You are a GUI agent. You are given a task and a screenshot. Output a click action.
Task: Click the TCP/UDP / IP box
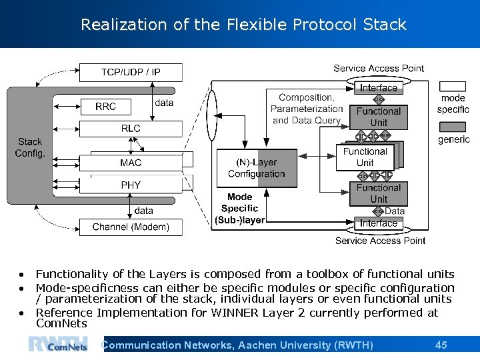131,72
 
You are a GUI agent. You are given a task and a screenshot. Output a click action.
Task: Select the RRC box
105,107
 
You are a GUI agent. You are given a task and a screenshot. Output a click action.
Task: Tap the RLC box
131,129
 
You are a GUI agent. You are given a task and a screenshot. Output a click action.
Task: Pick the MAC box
131,163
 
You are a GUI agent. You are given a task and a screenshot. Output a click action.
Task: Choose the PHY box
131,185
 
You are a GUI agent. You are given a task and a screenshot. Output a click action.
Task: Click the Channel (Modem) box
131,227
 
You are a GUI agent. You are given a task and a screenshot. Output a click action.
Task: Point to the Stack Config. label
30,147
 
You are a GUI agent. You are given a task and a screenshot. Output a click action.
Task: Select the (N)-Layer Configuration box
257,168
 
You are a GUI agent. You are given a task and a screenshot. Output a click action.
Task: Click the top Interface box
378,88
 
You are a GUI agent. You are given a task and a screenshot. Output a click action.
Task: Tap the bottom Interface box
378,223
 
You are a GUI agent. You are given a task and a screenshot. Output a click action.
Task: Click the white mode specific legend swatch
453,87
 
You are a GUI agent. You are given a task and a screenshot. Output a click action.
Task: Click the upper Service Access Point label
379,68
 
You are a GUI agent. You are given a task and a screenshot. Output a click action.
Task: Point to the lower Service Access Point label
380,241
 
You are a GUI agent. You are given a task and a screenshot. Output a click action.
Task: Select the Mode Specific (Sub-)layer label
240,208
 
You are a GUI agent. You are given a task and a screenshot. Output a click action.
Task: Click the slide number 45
441,345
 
